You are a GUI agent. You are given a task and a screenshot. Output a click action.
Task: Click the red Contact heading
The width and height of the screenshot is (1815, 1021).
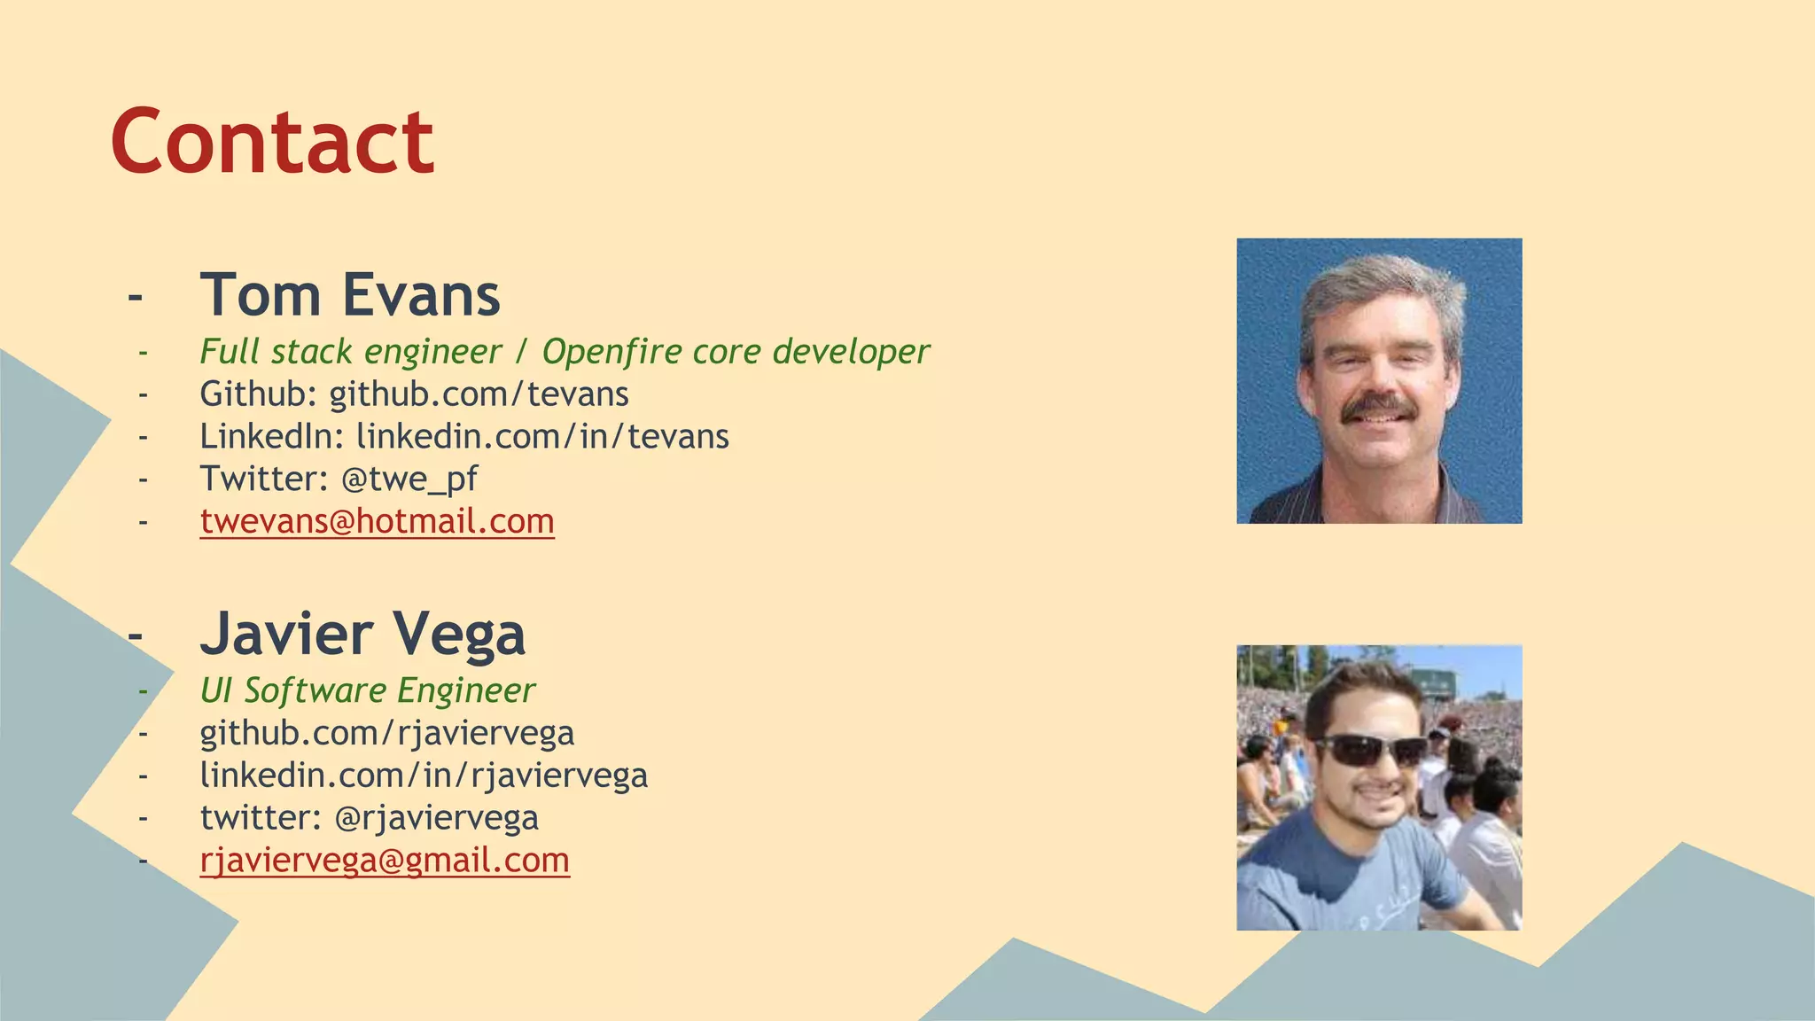[x=272, y=142]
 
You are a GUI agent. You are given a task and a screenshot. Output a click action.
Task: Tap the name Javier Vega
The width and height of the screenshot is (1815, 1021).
[x=362, y=634]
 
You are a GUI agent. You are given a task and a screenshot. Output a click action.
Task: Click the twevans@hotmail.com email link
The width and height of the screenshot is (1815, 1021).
[x=378, y=521]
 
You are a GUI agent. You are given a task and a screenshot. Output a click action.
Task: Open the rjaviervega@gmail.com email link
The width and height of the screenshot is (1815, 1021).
[x=385, y=861]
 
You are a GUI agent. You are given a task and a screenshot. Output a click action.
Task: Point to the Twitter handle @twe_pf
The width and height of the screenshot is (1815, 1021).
[x=409, y=479]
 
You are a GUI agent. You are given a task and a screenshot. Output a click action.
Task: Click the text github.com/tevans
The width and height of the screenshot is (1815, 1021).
[x=479, y=394]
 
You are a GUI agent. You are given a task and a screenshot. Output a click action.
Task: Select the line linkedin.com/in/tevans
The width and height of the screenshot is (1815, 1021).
[x=542, y=437]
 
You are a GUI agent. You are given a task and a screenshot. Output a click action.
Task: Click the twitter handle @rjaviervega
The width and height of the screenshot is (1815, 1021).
[x=436, y=818]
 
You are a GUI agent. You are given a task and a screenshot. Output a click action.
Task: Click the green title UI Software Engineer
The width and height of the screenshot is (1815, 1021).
[x=367, y=691]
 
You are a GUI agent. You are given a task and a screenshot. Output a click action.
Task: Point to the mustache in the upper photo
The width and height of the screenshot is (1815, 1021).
[x=1376, y=408]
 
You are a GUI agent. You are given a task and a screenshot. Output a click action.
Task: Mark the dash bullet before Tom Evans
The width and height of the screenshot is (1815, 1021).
[x=135, y=296]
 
